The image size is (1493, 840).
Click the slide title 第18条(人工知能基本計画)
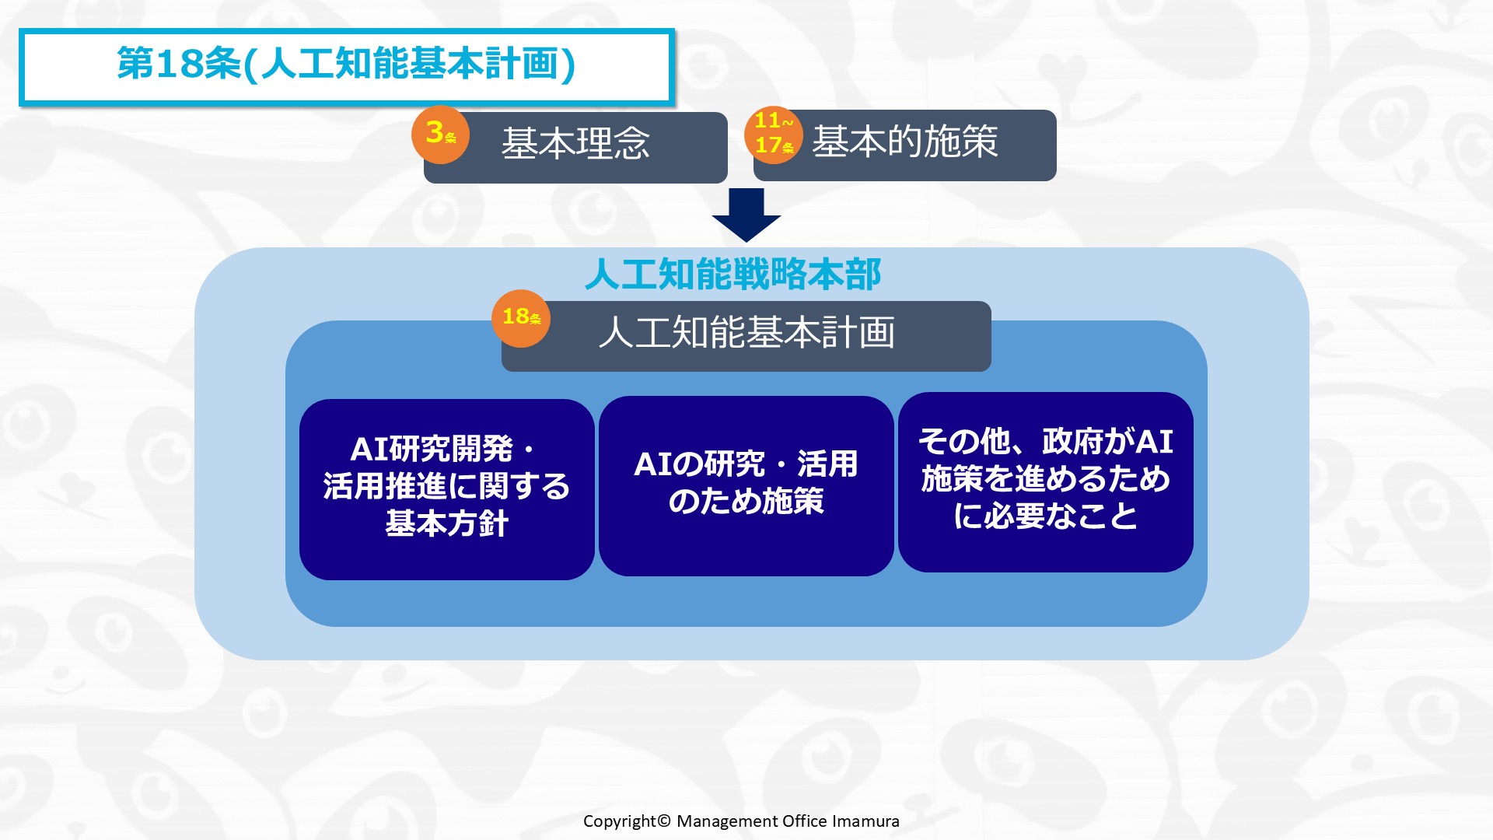pyautogui.click(x=346, y=64)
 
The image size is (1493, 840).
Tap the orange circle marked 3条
pyautogui.click(x=440, y=134)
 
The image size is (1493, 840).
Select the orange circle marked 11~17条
pyautogui.click(x=774, y=135)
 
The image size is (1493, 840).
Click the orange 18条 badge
pyautogui.click(x=521, y=318)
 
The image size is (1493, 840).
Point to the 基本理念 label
pyautogui.click(x=575, y=144)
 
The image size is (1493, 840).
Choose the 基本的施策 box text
pyautogui.click(x=905, y=142)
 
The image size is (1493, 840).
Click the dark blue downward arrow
pyautogui.click(x=746, y=215)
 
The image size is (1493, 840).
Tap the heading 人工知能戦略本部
pyautogui.click(x=733, y=274)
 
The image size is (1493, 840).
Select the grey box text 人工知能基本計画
pyautogui.click(x=746, y=333)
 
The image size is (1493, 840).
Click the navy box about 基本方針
pyautogui.click(x=447, y=489)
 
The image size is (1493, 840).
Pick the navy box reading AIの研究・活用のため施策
pyautogui.click(x=746, y=486)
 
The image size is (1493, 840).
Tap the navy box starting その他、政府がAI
pyautogui.click(x=1046, y=482)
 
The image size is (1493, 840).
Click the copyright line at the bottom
pyautogui.click(x=741, y=821)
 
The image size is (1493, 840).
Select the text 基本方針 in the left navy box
pyautogui.click(x=447, y=523)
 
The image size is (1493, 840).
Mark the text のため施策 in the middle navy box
pyautogui.click(x=746, y=501)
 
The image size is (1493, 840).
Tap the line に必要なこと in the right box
pyautogui.click(x=1046, y=516)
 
